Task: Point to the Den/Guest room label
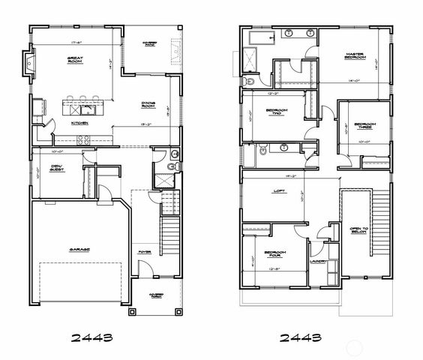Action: [x=58, y=168]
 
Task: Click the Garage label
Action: [x=80, y=249]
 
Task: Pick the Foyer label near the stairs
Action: [x=142, y=262]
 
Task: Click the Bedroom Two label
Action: [x=275, y=112]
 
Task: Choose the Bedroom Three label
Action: [x=364, y=125]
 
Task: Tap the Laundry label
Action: [x=317, y=262]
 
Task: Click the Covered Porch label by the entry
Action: [x=157, y=295]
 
